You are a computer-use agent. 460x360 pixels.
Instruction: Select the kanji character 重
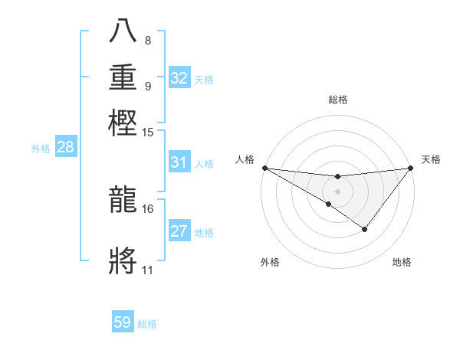click(124, 78)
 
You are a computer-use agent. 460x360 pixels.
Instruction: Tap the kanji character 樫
click(124, 122)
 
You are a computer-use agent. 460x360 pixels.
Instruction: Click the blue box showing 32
click(179, 78)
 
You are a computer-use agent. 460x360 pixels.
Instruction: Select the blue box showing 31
click(179, 162)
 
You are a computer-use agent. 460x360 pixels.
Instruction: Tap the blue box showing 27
click(179, 231)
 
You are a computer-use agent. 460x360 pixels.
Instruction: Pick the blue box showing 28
click(65, 148)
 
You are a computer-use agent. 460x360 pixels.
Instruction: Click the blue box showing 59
click(123, 322)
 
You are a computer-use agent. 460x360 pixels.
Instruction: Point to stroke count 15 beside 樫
click(148, 132)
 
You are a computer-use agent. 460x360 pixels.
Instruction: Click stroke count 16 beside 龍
click(148, 208)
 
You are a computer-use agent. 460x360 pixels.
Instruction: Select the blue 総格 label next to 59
click(147, 324)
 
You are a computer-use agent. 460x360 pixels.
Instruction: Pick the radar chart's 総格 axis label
click(337, 100)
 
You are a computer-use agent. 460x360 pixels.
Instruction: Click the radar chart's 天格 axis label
click(431, 159)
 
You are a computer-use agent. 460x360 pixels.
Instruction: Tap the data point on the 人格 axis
click(264, 168)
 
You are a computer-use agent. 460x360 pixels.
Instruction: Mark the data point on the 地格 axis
click(365, 229)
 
